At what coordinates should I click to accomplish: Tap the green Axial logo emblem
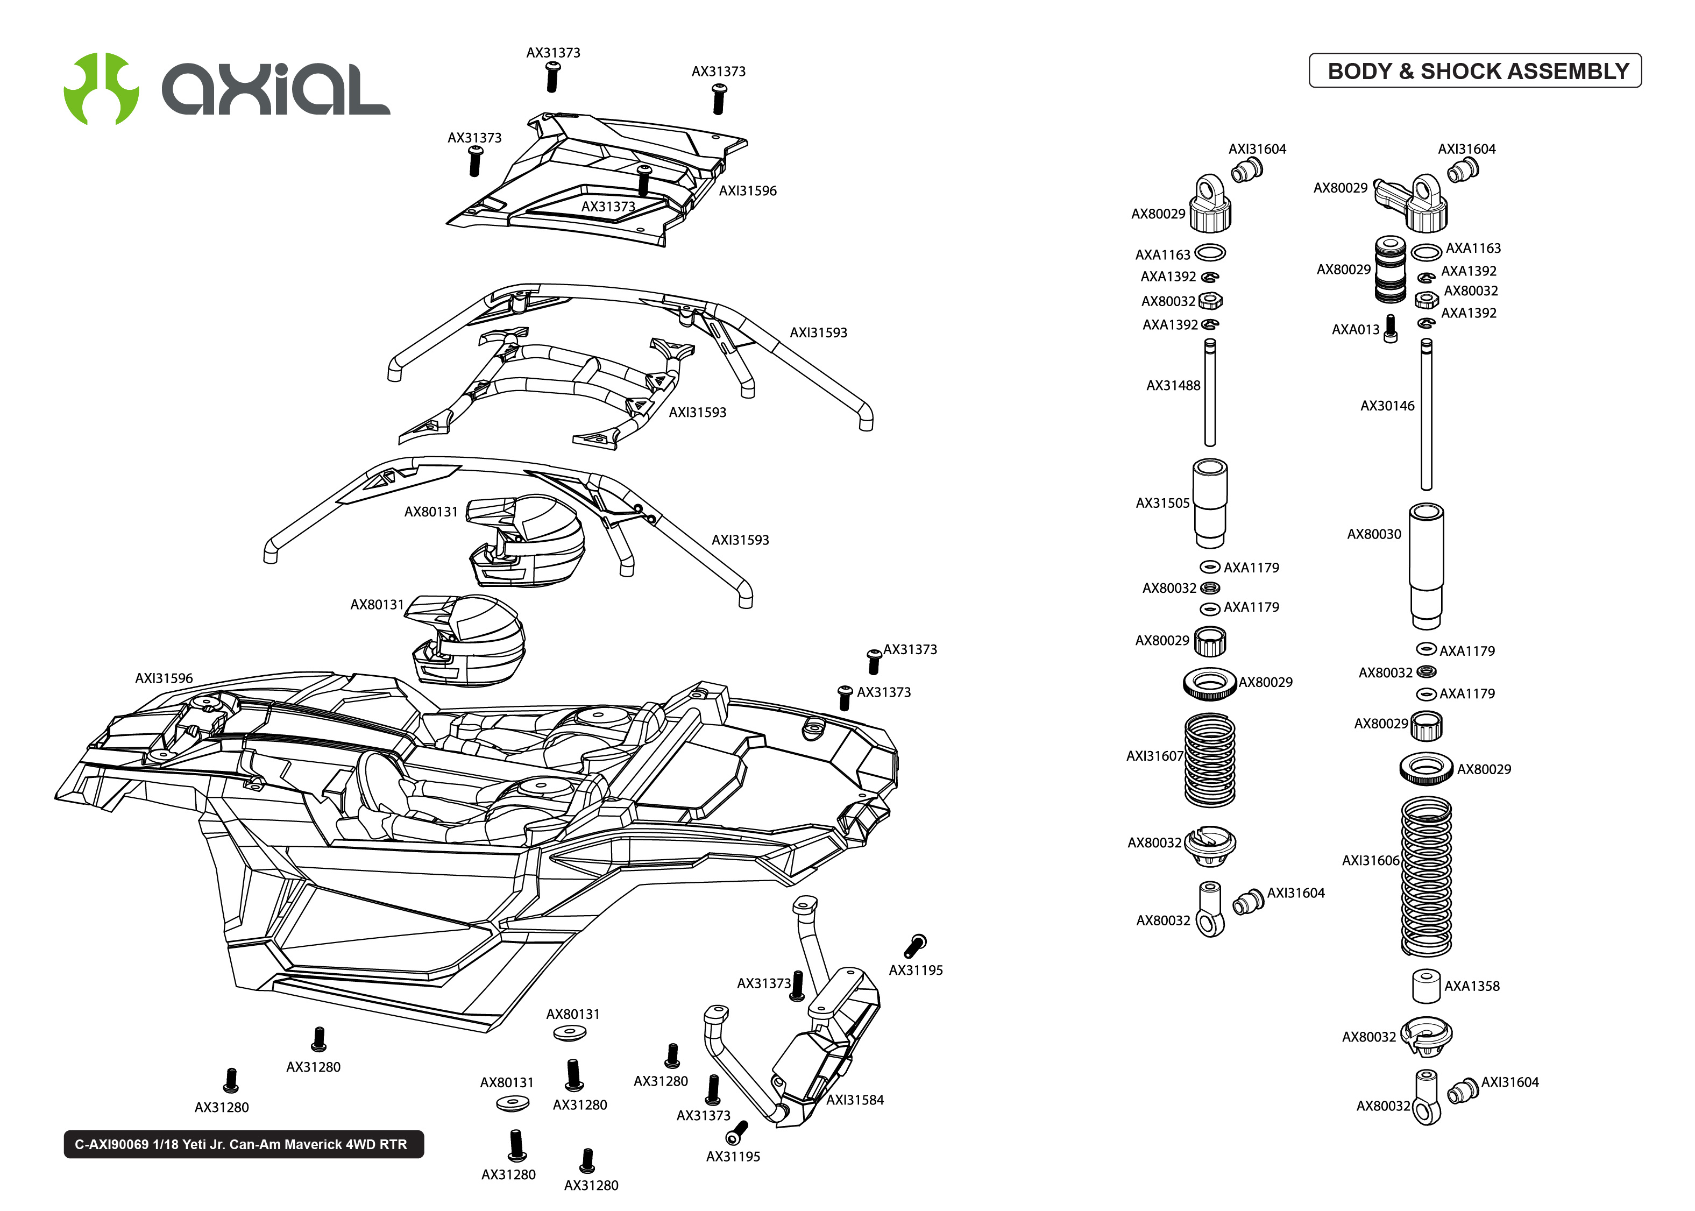tap(101, 88)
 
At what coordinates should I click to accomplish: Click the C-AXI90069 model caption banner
tap(243, 1144)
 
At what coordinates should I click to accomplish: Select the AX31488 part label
tap(1173, 386)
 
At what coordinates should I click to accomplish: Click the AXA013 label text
tap(1354, 330)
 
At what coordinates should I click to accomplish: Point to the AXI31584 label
tap(854, 1100)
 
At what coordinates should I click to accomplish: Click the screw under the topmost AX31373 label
tap(552, 77)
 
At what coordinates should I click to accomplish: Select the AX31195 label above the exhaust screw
tap(916, 970)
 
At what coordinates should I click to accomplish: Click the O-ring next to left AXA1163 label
tap(1209, 253)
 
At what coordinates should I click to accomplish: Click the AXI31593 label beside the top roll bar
tap(818, 332)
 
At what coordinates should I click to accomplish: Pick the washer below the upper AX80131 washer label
tap(570, 1033)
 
